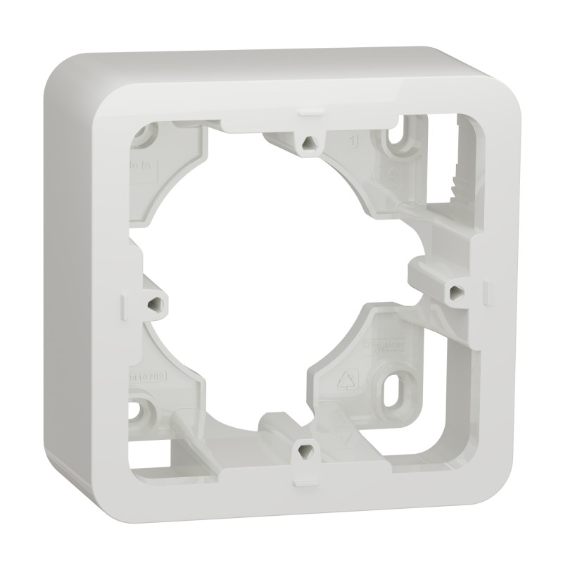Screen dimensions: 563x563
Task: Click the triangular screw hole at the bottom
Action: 304,447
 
